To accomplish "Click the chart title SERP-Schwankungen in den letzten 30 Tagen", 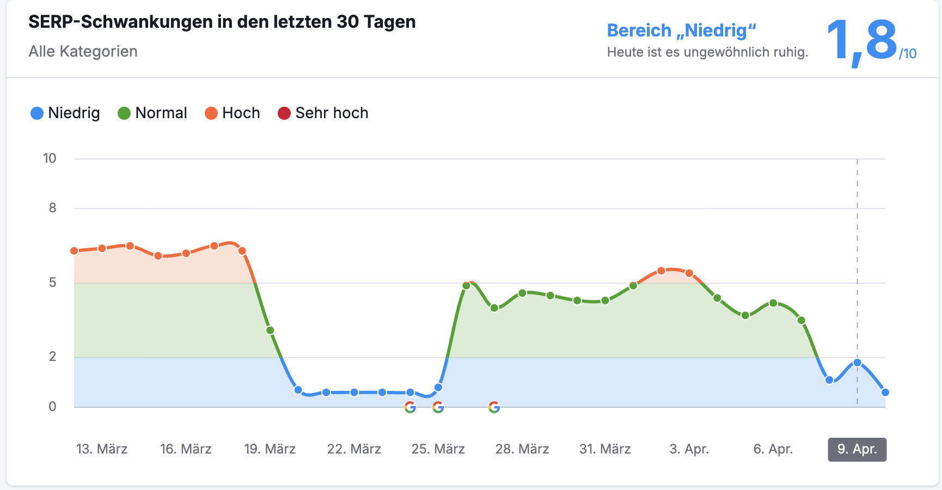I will (222, 22).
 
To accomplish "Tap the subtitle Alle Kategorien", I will (83, 51).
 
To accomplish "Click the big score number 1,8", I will (861, 40).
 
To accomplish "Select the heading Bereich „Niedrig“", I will (681, 30).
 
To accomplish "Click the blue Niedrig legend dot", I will (37, 113).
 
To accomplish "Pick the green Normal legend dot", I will (124, 113).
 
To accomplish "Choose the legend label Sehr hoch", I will (332, 113).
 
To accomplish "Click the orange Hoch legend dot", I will (211, 113).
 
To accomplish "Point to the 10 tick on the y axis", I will (50, 158).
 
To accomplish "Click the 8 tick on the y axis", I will (52, 208).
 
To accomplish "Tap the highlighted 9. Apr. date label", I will (857, 449).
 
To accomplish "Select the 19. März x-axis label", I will (270, 449).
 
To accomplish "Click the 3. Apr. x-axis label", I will (689, 449).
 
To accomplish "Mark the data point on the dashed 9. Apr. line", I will (857, 363).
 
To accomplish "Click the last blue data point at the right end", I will (885, 392).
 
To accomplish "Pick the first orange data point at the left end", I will (74, 251).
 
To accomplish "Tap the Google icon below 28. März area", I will (494, 407).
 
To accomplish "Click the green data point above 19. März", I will (270, 330).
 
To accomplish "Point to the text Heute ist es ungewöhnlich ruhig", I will (707, 52).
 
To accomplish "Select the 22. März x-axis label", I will (354, 449).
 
